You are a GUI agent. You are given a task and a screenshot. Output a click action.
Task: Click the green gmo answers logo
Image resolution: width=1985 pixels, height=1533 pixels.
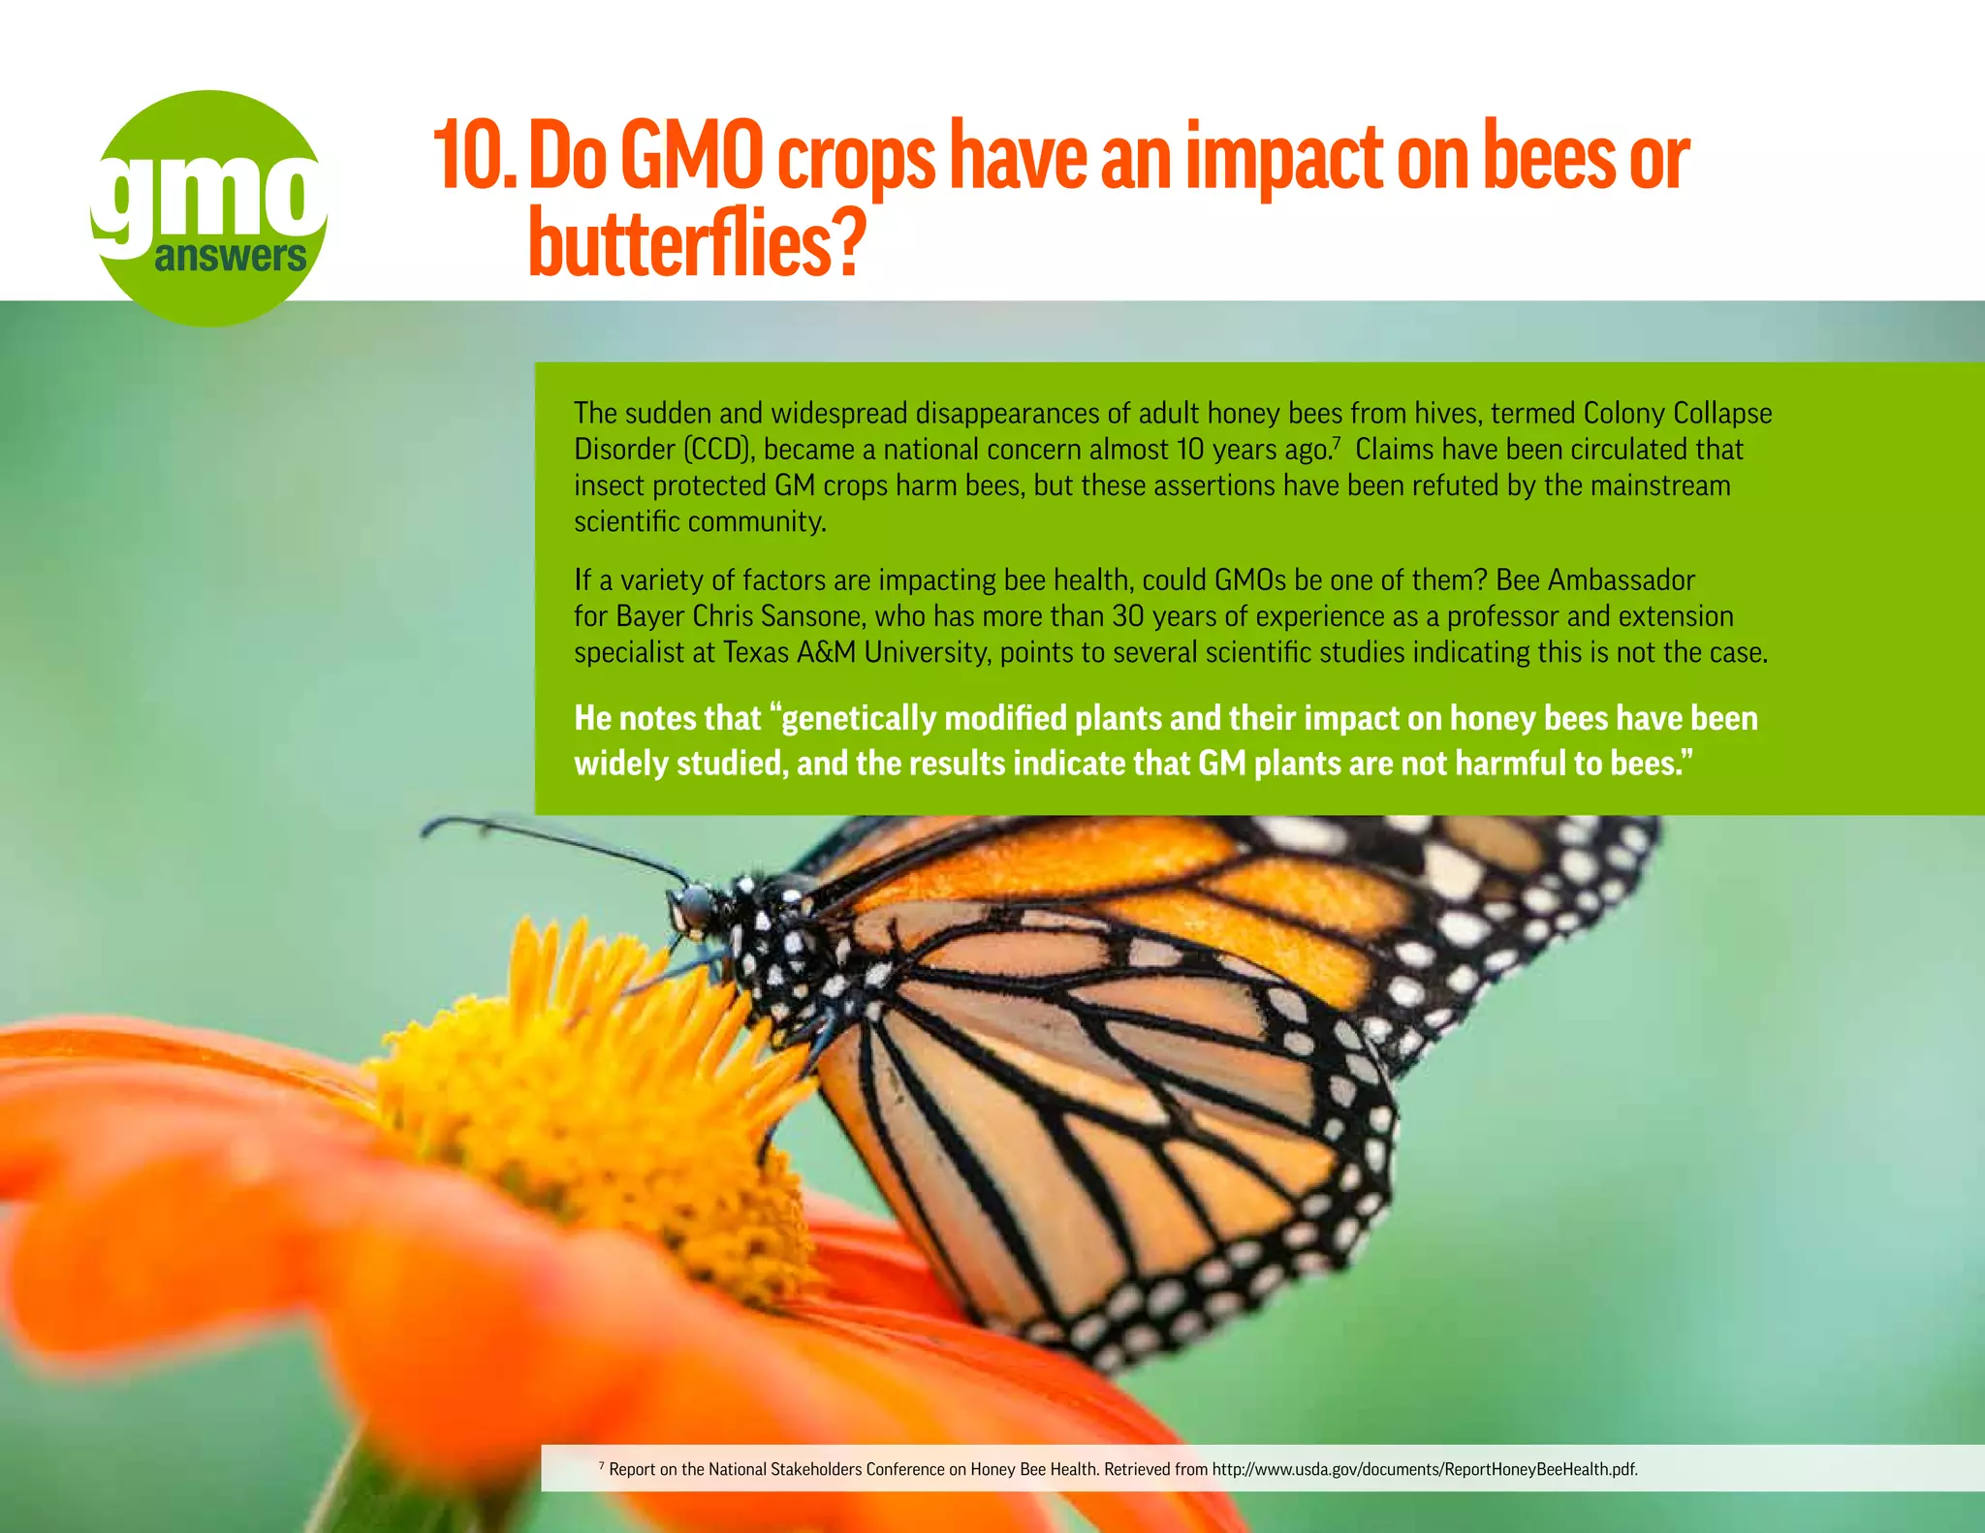coord(209,207)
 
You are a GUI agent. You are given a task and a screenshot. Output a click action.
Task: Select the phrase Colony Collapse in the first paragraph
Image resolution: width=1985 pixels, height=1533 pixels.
coord(1677,414)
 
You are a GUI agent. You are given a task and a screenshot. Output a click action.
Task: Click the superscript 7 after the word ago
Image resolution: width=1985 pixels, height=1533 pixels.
coord(1337,442)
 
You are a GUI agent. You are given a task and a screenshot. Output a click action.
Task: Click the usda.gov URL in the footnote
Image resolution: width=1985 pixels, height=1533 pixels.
coord(1424,1469)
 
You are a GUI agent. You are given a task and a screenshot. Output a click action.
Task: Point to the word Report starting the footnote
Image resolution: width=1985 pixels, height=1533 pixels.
coord(632,1469)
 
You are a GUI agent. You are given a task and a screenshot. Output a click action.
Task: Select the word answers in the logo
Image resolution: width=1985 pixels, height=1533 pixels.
coord(230,257)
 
